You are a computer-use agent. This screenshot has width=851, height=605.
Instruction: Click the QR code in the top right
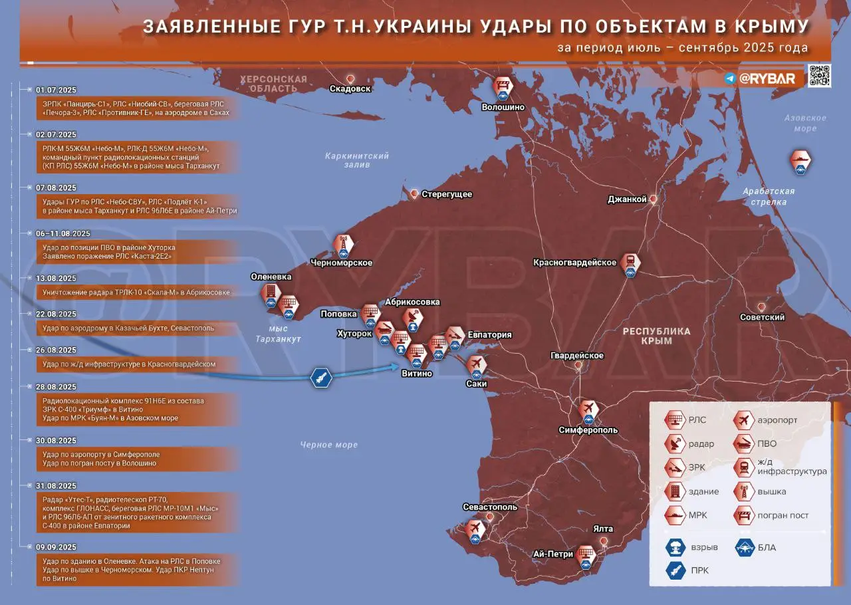click(820, 76)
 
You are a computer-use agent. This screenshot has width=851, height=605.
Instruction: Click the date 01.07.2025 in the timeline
click(56, 90)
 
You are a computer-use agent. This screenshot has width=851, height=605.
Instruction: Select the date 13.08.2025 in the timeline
click(56, 279)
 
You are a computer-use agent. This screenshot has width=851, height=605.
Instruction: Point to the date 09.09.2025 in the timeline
click(56, 548)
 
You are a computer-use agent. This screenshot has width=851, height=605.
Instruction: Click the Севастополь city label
click(489, 507)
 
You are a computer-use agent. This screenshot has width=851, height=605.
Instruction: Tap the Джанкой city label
click(627, 199)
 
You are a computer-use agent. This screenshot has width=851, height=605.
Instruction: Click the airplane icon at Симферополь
click(588, 408)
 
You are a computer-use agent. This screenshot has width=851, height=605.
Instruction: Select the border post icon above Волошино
click(503, 86)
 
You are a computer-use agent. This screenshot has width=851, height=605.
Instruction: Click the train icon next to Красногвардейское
click(629, 261)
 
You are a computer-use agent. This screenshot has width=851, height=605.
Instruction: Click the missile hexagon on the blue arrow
click(320, 378)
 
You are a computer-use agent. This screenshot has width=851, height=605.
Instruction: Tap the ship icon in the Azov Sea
click(800, 160)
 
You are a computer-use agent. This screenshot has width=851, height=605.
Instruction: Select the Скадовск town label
click(350, 88)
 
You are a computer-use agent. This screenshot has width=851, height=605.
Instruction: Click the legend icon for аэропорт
click(743, 420)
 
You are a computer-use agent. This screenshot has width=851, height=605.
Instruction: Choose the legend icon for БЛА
click(743, 547)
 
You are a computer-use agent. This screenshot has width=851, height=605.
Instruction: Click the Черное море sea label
click(328, 445)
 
